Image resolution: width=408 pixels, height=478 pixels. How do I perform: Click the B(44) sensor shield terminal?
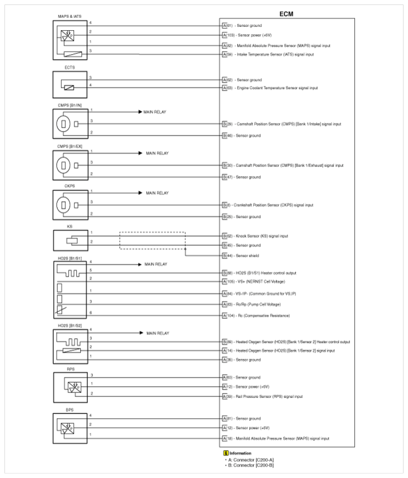coord(225,255)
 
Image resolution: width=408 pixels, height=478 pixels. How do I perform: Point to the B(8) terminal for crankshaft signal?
coord(224,205)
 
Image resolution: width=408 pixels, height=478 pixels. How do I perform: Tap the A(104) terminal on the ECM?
coord(226,315)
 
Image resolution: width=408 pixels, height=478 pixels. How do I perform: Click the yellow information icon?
coord(226,453)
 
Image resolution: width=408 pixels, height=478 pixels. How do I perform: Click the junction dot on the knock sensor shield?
coord(185,249)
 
